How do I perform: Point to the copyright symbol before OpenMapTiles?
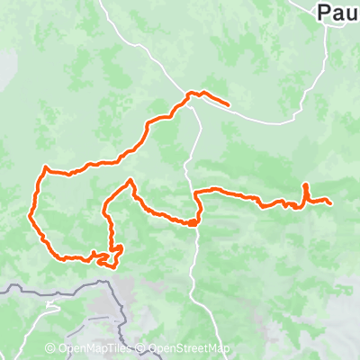[x=50, y=349]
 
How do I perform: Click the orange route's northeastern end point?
[x=229, y=105]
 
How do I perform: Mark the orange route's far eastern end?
[x=332, y=203]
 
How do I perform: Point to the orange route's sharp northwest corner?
[x=44, y=167]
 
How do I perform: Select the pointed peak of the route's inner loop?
[x=130, y=181]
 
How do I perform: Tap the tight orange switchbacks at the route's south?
[x=113, y=256]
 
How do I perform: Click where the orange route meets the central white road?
[x=193, y=221]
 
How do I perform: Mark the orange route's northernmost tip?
[x=191, y=93]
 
